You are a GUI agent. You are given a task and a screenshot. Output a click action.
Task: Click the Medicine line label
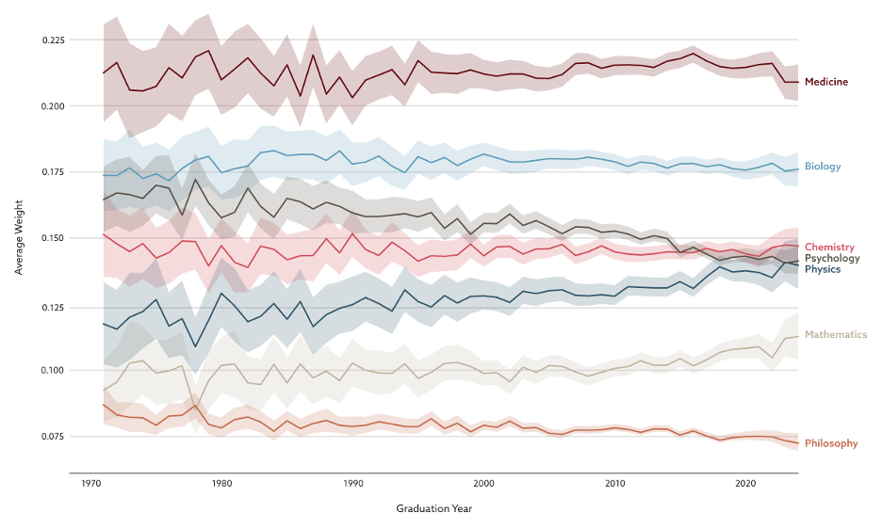pyautogui.click(x=826, y=82)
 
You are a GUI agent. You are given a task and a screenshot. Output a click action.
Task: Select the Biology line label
pyautogui.click(x=823, y=167)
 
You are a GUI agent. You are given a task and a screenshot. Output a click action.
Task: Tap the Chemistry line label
pyautogui.click(x=829, y=247)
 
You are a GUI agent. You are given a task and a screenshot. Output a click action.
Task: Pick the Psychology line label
pyautogui.click(x=832, y=258)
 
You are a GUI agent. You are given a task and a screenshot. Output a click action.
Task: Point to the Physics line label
pyautogui.click(x=823, y=269)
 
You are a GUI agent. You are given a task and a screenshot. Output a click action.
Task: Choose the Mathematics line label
pyautogui.click(x=835, y=334)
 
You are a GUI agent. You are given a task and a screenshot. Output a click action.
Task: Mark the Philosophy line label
pyautogui.click(x=831, y=442)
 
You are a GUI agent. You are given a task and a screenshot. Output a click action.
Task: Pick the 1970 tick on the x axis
pyautogui.click(x=91, y=483)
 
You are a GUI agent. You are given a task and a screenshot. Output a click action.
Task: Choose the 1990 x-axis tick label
pyautogui.click(x=353, y=483)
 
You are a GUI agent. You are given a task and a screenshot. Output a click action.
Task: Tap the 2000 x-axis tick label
pyautogui.click(x=484, y=483)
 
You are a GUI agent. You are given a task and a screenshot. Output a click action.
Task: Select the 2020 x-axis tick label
pyautogui.click(x=746, y=483)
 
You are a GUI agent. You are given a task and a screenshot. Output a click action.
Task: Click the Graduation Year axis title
pyautogui.click(x=434, y=509)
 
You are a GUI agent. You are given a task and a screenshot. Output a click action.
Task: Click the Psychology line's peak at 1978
pyautogui.click(x=195, y=180)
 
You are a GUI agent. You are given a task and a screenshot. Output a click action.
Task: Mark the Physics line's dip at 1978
pyautogui.click(x=195, y=346)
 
